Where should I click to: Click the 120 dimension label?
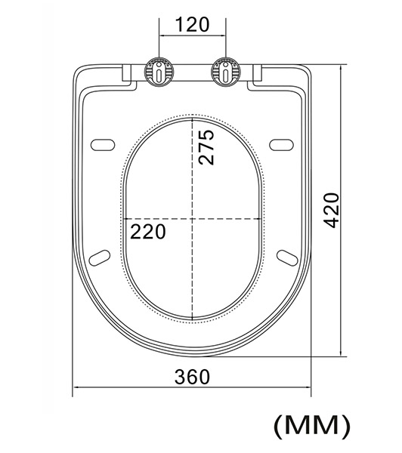click(192, 25)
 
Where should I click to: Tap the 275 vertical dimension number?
click(206, 147)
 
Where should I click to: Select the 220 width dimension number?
click(148, 232)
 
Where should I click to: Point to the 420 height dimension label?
click(331, 211)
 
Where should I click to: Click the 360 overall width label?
click(192, 377)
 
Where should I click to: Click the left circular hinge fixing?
click(159, 72)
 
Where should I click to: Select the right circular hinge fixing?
click(226, 72)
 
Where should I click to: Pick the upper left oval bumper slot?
click(103, 145)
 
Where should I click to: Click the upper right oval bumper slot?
click(282, 145)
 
